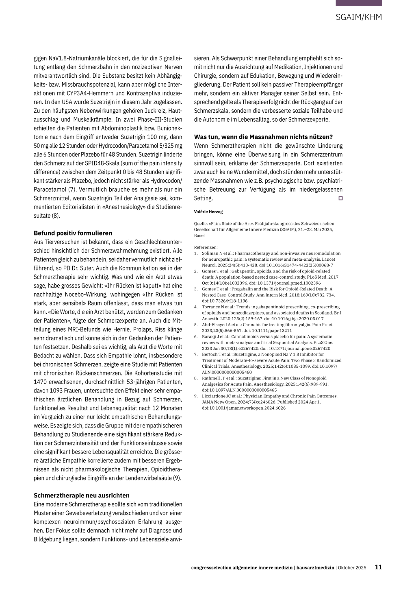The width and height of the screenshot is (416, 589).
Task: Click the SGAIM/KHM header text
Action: pyautogui.click(x=359, y=17)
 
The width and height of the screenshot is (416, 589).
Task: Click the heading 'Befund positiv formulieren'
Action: pyautogui.click(x=73, y=233)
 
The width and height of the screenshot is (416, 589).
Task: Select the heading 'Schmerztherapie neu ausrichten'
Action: pyautogui.click(x=81, y=495)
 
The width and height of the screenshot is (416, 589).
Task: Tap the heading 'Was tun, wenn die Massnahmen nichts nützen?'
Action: pyautogui.click(x=263, y=137)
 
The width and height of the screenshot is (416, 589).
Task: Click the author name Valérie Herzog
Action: pyautogui.click(x=208, y=212)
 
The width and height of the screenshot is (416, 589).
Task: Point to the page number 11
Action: pyautogui.click(x=378, y=567)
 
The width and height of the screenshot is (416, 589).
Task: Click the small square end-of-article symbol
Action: pyautogui.click(x=340, y=198)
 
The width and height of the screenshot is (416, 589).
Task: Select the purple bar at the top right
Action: pyautogui.click(x=359, y=3)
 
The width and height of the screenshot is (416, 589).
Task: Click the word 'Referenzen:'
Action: pyautogui.click(x=206, y=247)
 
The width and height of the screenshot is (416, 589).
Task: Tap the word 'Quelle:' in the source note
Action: pyautogui.click(x=201, y=223)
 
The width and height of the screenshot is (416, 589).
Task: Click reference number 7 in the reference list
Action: pyautogui.click(x=196, y=354)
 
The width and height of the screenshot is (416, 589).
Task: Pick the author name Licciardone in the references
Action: pyautogui.click(x=214, y=396)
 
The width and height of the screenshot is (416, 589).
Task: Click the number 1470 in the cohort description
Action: pyautogui.click(x=41, y=382)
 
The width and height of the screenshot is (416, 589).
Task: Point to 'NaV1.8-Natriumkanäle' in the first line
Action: pyautogui.click(x=59, y=58)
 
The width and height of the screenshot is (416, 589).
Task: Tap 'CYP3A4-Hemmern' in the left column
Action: pyautogui.click(x=86, y=93)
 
